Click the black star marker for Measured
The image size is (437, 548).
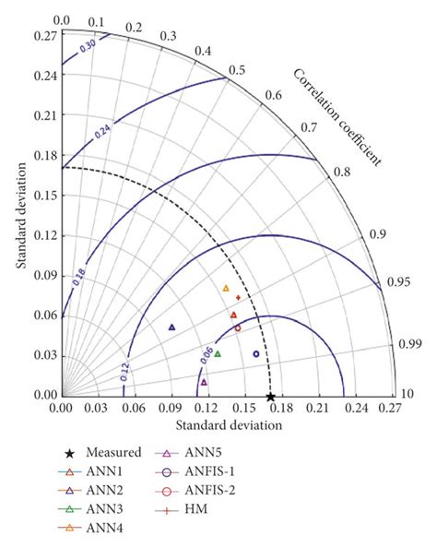(x=270, y=397)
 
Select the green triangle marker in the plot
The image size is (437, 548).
(x=218, y=353)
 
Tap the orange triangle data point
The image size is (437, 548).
(x=226, y=289)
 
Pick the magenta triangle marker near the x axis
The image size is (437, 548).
(x=204, y=381)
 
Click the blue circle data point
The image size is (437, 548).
(x=256, y=353)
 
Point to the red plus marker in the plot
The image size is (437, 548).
(x=238, y=298)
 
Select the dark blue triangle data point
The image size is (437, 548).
(x=171, y=328)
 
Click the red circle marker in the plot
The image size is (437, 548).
(x=238, y=328)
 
